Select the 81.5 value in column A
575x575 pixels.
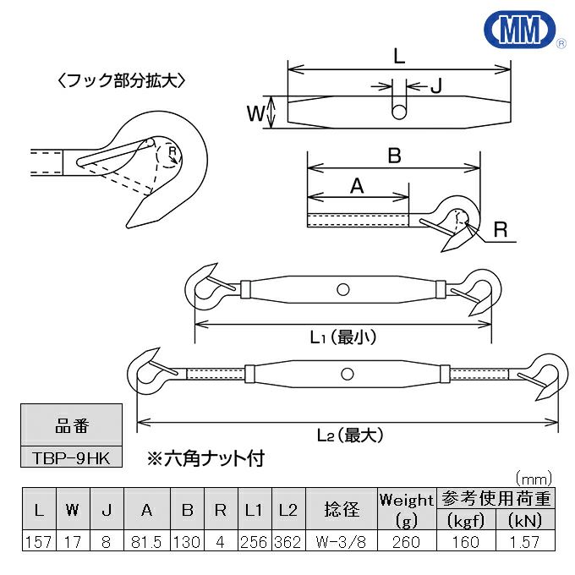pos(147,542)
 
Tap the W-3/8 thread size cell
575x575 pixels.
pos(342,542)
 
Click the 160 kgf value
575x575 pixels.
pos(464,542)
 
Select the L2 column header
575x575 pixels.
pos(287,510)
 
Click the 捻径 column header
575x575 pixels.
pos(342,510)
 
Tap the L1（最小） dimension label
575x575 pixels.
pos(342,337)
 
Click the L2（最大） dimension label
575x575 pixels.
pos(350,435)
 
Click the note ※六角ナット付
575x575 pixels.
pos(205,459)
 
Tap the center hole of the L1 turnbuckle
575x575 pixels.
pos(342,289)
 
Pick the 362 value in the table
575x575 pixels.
pos(287,542)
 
